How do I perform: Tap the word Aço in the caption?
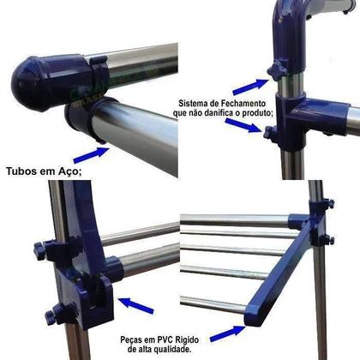pos(69,172)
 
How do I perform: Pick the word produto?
pos(257,114)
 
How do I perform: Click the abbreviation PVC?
pos(165,340)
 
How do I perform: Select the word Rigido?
pos(187,340)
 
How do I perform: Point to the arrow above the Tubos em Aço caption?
pos(92,155)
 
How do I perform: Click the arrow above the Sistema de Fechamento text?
pos(250,87)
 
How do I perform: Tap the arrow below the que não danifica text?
pos(243,125)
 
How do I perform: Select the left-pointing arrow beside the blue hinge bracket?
pos(136,305)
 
